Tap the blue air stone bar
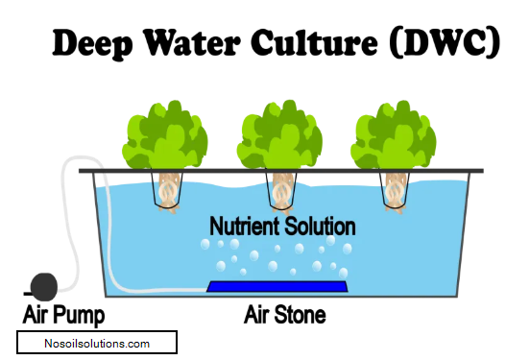pos(277,286)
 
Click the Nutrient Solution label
pos(282,227)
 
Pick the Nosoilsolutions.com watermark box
pos(98,343)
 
